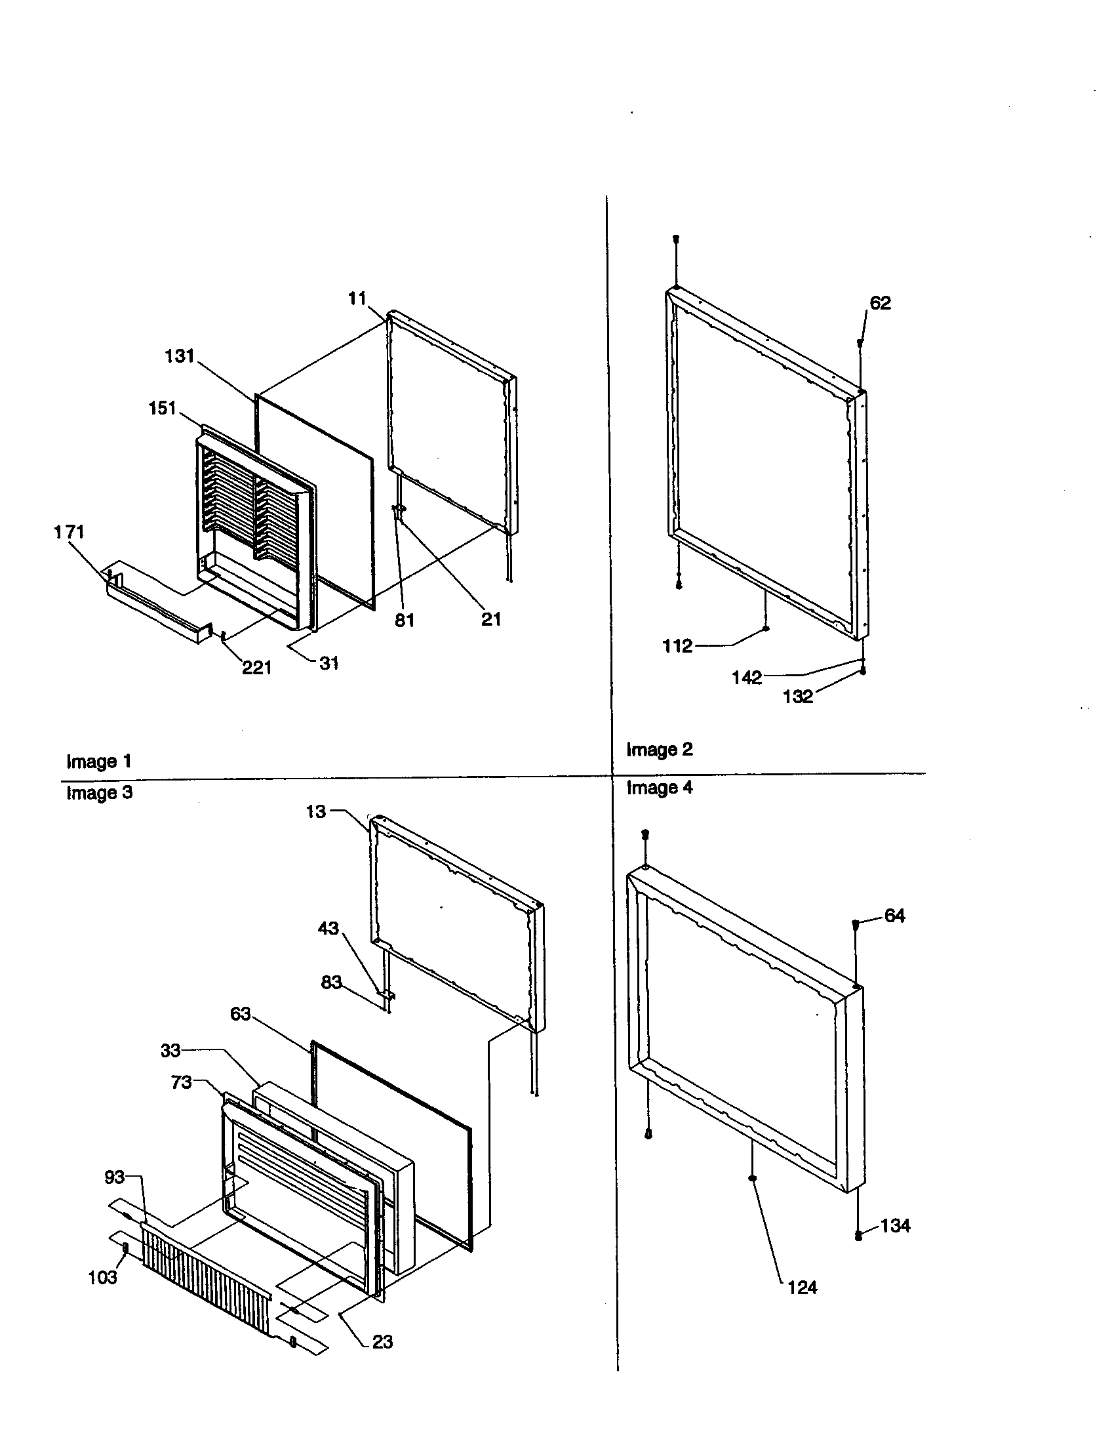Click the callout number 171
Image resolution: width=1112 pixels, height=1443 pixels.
pos(69,531)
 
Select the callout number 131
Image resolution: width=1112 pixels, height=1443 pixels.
pos(179,356)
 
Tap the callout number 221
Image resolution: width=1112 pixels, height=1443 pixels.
pos(257,668)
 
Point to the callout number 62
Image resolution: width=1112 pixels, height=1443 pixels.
pos(880,303)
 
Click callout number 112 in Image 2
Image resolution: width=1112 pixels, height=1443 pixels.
pos(677,646)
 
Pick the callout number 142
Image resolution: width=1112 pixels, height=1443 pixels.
pos(747,678)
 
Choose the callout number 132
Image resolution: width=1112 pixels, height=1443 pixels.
pos(798,697)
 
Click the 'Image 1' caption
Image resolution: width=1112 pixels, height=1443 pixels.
pos(99,761)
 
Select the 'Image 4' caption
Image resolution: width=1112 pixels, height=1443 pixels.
pos(659,788)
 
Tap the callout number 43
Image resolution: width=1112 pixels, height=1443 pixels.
pos(328,928)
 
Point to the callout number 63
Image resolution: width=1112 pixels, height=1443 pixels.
pos(241,1013)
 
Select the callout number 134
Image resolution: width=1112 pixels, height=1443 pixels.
pos(895,1226)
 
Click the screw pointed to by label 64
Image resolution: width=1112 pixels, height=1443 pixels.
pos(856,924)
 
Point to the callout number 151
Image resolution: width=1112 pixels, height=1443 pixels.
pos(162,408)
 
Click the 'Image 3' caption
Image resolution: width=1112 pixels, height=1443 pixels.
pos(99,792)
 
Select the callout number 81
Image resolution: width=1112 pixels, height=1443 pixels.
pos(404,620)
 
